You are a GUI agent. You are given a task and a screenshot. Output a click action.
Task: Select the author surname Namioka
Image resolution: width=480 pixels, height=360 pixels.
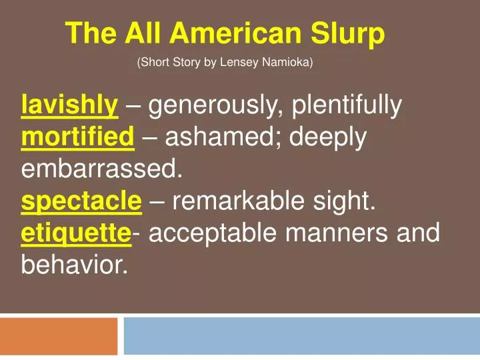click(x=287, y=63)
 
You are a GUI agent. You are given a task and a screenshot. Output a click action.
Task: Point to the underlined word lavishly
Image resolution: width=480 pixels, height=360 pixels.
click(x=70, y=105)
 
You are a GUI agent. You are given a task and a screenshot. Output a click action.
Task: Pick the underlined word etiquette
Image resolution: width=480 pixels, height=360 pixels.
click(x=77, y=234)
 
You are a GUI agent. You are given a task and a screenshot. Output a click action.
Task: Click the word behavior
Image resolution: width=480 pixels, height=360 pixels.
click(x=74, y=266)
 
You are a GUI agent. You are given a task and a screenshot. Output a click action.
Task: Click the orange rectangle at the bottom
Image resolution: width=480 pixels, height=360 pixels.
click(x=59, y=336)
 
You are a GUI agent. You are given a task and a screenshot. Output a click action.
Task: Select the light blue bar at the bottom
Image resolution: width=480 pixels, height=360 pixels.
click(x=301, y=336)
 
